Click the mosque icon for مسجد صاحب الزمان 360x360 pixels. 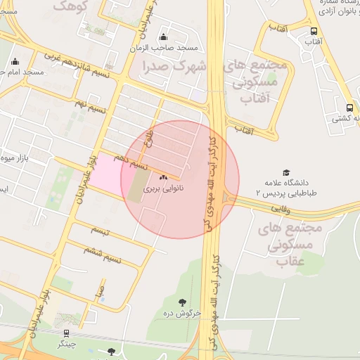[164, 37]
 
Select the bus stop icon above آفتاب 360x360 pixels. [314, 31]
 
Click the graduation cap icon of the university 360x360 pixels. [286, 173]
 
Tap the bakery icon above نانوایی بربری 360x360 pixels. [164, 177]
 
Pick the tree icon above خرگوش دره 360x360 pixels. [183, 302]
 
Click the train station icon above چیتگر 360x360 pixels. [66, 333]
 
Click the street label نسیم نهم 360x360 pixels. [91, 108]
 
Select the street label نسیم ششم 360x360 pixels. [102, 253]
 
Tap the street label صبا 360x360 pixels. [102, 289]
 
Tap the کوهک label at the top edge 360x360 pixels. [69, 6]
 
